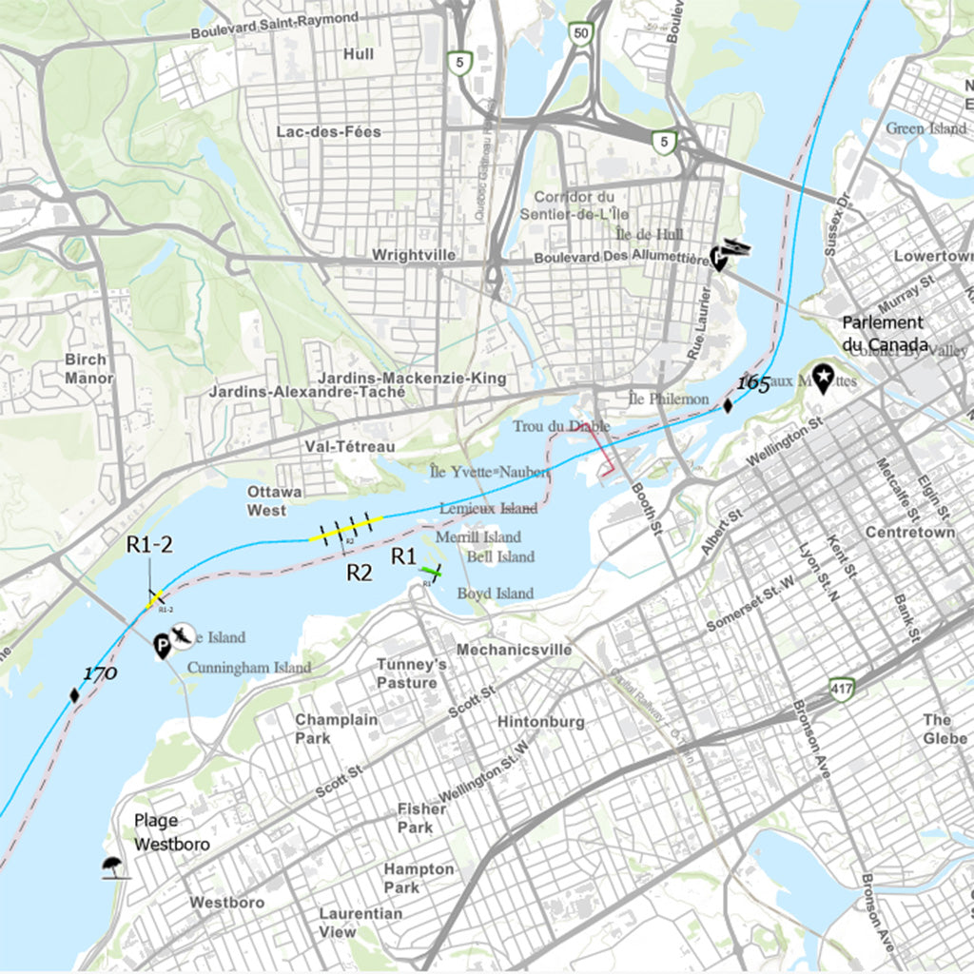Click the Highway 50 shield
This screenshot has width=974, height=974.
coord(580,33)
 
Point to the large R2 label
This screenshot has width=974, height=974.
coord(359,573)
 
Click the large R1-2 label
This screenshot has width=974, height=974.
coord(148,544)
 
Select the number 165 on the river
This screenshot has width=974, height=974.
coord(752,384)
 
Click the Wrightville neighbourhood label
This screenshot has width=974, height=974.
coord(414,255)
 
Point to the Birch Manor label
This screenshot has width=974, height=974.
coord(88,369)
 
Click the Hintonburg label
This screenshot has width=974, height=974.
coord(540,722)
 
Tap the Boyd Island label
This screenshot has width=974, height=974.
coord(495,594)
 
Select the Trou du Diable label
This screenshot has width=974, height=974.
coord(561,426)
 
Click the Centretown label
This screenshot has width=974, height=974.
coord(909,532)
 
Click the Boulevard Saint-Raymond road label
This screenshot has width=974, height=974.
coord(275,26)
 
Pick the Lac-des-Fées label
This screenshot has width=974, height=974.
coord(328,131)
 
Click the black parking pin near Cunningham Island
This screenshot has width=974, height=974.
coord(162,648)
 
